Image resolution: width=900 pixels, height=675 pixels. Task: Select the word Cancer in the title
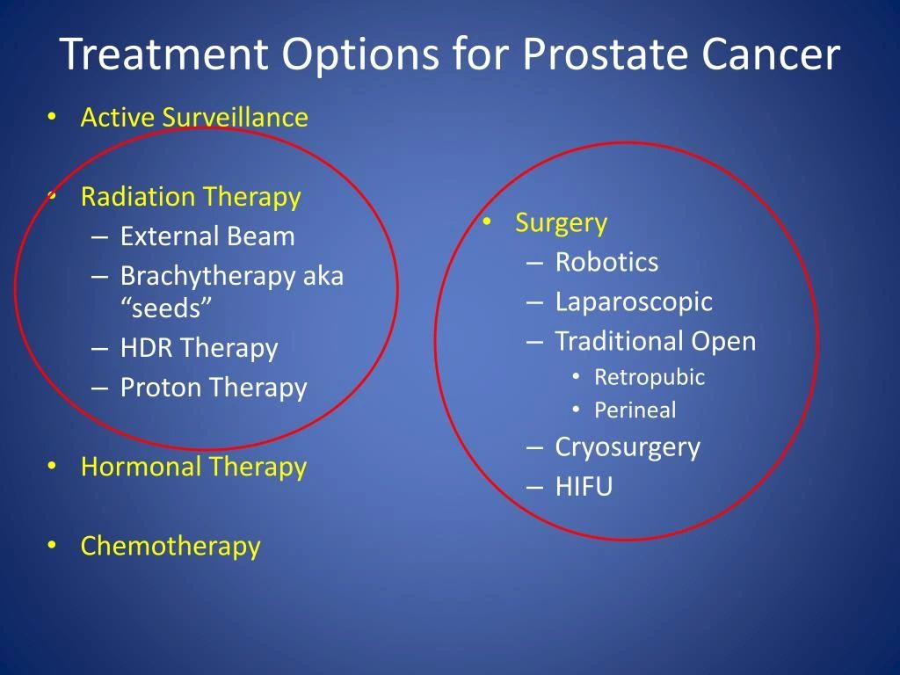point(771,54)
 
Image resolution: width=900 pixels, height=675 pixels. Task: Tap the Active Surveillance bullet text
point(194,118)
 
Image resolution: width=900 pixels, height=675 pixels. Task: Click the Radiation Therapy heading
point(191,197)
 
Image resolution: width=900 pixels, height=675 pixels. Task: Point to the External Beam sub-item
point(207,236)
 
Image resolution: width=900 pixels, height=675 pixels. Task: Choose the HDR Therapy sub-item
point(199,349)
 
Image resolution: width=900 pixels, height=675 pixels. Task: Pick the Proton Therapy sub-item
point(214,388)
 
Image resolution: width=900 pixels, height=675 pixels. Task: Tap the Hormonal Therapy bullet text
point(193,467)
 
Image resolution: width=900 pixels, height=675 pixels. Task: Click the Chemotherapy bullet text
point(171,546)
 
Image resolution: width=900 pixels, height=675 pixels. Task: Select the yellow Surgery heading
point(561,223)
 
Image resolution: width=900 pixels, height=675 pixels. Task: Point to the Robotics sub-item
point(606,263)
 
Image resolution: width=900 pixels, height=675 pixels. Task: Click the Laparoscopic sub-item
point(634,302)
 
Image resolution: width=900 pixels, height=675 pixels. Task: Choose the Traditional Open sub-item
point(655,341)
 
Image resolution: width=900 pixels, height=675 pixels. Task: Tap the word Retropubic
point(650,378)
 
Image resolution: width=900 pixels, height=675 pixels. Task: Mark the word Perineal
point(635,410)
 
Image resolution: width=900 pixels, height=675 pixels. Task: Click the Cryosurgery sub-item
point(628,447)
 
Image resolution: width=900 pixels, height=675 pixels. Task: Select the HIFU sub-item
point(584,487)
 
